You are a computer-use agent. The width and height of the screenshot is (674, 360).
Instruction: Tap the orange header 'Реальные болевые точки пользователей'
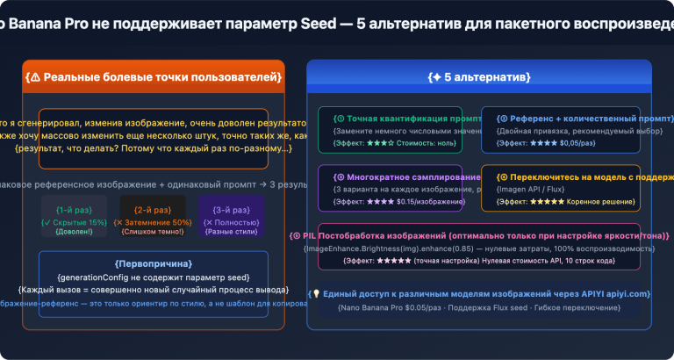tap(154, 76)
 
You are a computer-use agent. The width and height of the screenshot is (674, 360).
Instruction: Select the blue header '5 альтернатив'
tap(478, 76)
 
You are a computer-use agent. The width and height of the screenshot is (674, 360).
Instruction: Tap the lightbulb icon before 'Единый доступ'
tap(313, 294)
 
